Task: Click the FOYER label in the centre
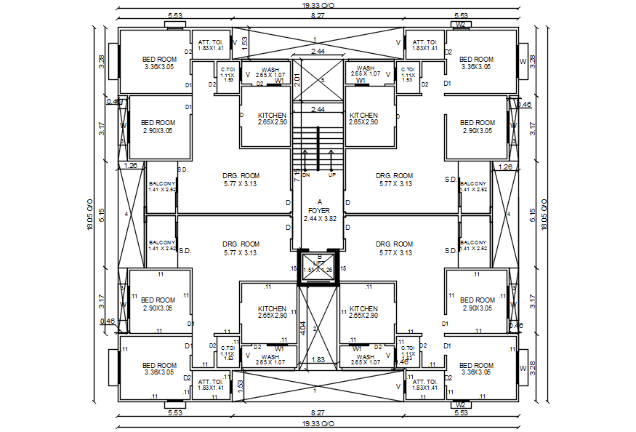pyautogui.click(x=319, y=210)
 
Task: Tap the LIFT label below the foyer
pyautogui.click(x=318, y=264)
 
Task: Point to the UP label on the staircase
pyautogui.click(x=332, y=175)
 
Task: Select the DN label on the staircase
pyautogui.click(x=306, y=175)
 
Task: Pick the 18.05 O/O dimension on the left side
pyautogui.click(x=91, y=215)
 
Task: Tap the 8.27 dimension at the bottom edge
pyautogui.click(x=318, y=413)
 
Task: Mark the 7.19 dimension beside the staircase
pyautogui.click(x=297, y=175)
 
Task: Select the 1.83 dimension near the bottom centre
pyautogui.click(x=318, y=359)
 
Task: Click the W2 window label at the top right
pyautogui.click(x=460, y=24)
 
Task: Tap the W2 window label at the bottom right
pyautogui.click(x=460, y=404)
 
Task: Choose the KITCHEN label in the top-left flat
pyautogui.click(x=272, y=115)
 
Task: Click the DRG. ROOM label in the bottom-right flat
pyautogui.click(x=394, y=244)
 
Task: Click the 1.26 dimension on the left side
pyautogui.click(x=131, y=166)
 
